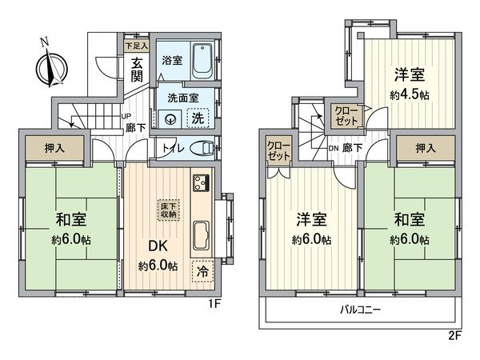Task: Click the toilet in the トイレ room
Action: [202, 148]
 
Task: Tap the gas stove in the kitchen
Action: [199, 183]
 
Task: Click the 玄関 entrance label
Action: [137, 70]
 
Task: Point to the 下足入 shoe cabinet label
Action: [137, 46]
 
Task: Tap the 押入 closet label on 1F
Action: [50, 148]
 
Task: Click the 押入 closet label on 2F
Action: [426, 148]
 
